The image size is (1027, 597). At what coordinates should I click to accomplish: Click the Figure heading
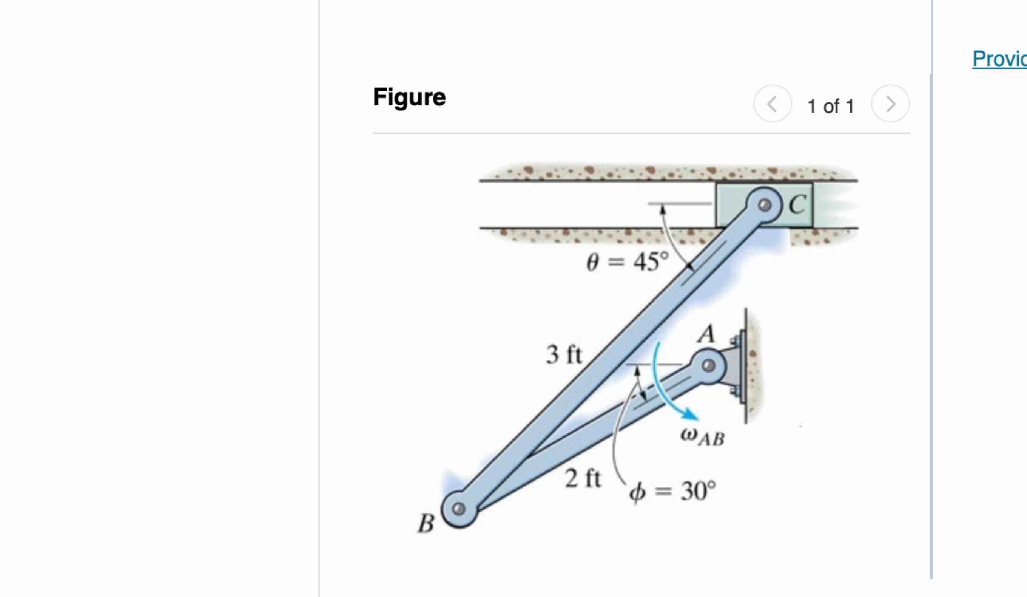(409, 97)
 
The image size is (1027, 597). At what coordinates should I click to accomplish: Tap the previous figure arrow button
(772, 104)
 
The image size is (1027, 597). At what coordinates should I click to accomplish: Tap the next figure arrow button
(890, 104)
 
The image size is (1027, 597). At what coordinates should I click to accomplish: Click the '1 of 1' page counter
(831, 107)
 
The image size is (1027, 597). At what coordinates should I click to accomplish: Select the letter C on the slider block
(797, 204)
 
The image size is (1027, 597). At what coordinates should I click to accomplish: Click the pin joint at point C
(765, 205)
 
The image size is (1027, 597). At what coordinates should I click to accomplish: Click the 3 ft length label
(564, 354)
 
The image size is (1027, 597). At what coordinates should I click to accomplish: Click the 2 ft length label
(583, 478)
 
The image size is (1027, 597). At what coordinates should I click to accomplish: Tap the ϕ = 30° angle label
(672, 491)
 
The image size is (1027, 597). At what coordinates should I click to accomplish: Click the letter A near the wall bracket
(706, 335)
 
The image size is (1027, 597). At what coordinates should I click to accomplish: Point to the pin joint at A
(709, 366)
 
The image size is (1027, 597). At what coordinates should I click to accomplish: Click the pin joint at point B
(459, 509)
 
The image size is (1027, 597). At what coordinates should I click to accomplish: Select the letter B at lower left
(426, 523)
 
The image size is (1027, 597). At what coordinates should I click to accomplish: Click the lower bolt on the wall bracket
(735, 392)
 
